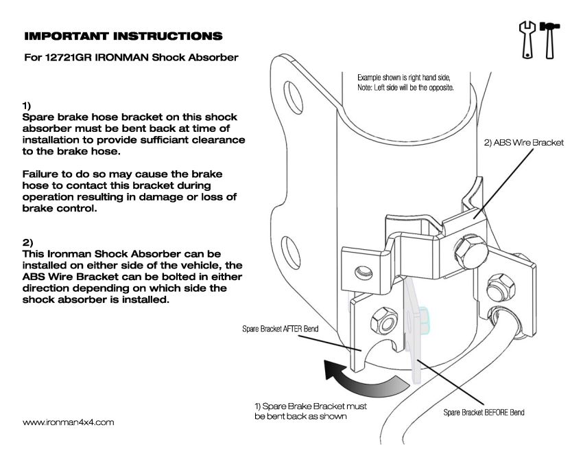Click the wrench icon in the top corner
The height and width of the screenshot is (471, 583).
526,40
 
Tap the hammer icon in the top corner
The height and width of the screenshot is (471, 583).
549,40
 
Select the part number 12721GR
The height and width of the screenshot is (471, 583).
70,58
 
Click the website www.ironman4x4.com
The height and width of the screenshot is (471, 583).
69,422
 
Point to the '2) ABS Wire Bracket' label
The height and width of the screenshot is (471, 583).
519,143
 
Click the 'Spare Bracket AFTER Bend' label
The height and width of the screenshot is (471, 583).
280,329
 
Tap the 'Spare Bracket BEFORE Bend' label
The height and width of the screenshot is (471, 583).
484,413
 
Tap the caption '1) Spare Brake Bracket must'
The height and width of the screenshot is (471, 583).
310,406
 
